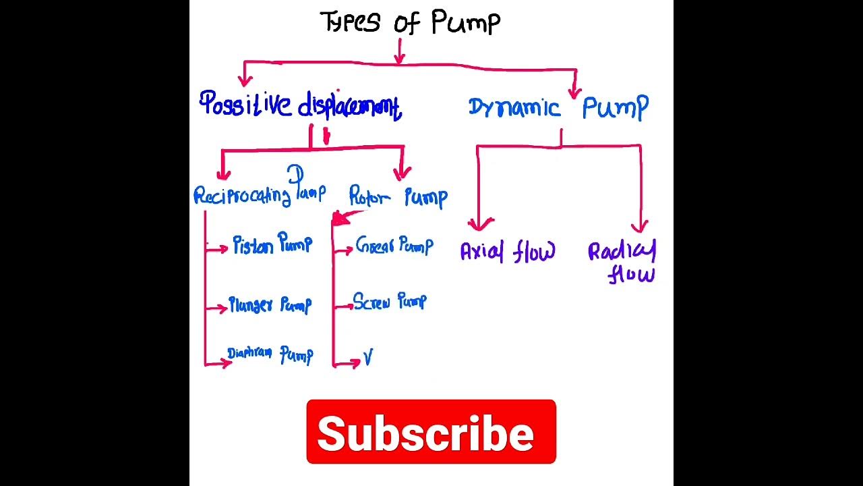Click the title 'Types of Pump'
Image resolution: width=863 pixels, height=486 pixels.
coord(410,22)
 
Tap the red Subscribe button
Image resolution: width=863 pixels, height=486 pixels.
coord(431,432)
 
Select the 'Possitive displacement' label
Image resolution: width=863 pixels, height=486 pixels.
coord(301,106)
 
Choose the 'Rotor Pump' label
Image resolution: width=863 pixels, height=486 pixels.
coord(398,196)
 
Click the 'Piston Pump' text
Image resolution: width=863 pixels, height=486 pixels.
coord(272,244)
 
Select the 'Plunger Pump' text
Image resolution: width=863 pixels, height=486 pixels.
coord(270,305)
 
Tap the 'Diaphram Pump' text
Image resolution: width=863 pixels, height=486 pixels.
coord(270,354)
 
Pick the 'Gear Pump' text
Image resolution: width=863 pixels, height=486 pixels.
coord(394,245)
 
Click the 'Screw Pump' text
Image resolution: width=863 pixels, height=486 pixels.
coord(390,301)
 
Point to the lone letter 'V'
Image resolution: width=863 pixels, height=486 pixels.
coord(368,358)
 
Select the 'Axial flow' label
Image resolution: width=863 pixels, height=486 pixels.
coord(508,252)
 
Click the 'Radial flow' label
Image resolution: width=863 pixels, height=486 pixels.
coord(622,262)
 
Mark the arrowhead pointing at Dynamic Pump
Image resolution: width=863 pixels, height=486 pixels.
coord(575,92)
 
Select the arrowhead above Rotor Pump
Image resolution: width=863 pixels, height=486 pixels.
coord(403,173)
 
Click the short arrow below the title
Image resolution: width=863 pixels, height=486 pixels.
coord(400,54)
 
